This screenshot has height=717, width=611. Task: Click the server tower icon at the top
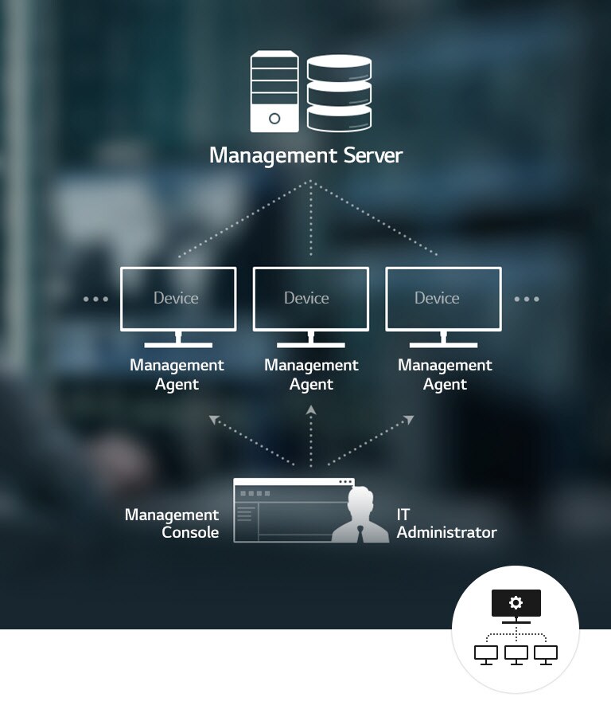tap(274, 92)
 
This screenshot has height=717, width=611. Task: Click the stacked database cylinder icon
tap(339, 92)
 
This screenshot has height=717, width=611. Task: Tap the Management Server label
tap(305, 155)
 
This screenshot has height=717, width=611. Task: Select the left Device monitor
tap(177, 299)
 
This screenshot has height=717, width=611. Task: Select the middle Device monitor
tap(310, 299)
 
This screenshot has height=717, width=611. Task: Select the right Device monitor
tap(443, 299)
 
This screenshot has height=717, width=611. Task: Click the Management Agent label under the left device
tap(177, 374)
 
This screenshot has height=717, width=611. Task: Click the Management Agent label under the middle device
tap(311, 374)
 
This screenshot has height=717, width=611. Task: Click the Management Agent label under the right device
tap(445, 374)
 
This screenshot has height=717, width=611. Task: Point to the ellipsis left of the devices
tap(95, 300)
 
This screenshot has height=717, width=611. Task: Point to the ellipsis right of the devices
tap(526, 300)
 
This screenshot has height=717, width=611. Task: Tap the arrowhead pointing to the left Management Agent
tap(213, 418)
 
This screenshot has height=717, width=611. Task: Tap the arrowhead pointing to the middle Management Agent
tap(311, 410)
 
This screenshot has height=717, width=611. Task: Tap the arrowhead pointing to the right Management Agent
tap(409, 418)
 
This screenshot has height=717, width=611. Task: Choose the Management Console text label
tap(172, 523)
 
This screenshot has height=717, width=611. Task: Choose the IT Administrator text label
tap(446, 523)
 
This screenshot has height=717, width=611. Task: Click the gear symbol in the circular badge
tap(516, 602)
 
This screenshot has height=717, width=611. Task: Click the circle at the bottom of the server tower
tap(274, 119)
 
